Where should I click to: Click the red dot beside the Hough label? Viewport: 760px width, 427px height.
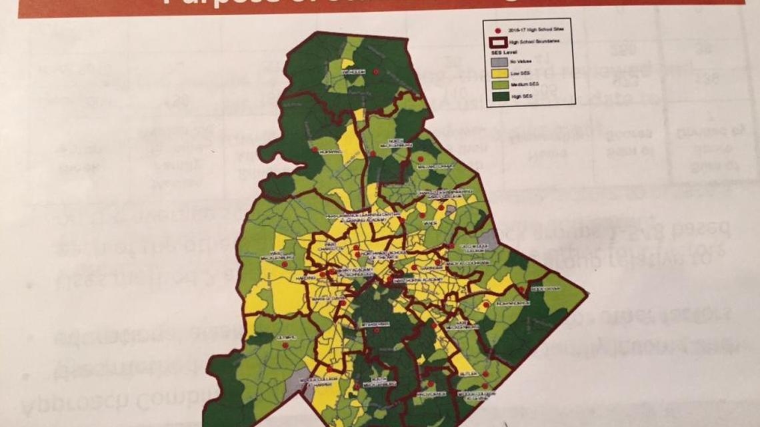click(376, 71)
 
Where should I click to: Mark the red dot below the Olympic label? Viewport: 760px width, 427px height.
click(285, 346)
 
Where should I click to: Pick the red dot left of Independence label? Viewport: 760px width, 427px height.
click(487, 304)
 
